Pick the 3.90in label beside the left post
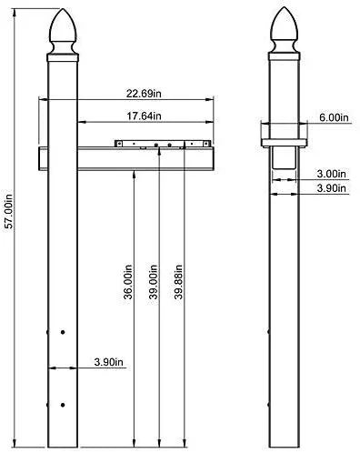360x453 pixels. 108,362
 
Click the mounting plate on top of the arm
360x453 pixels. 164,144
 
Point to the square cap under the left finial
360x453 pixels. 63,56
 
